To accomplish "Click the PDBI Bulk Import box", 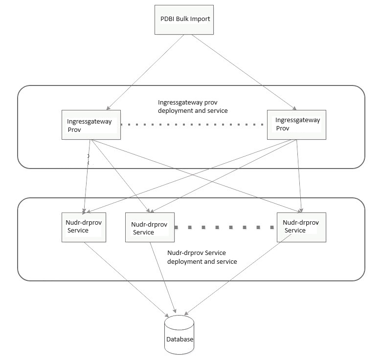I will pyautogui.click(x=185, y=21).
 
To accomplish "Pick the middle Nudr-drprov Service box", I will pyautogui.click(x=150, y=228).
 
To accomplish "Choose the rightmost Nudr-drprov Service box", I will pyautogui.click(x=301, y=227).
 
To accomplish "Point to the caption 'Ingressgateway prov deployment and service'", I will pyautogui.click(x=193, y=107).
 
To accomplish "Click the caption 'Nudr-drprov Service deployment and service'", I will pyautogui.click(x=202, y=257).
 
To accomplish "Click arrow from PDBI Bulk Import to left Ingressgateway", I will pyautogui.click(x=142, y=72).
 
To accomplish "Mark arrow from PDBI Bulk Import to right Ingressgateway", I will pyautogui.click(x=240, y=72).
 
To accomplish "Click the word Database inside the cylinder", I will pyautogui.click(x=179, y=339).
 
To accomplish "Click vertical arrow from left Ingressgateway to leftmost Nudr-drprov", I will pyautogui.click(x=87, y=176).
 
